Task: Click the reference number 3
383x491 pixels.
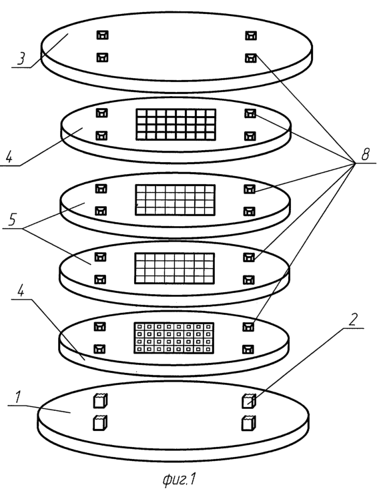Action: (21, 57)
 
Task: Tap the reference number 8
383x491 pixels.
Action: (365, 154)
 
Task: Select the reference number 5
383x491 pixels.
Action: (12, 219)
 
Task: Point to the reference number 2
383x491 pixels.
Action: (353, 320)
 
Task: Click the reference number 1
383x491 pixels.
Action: (18, 397)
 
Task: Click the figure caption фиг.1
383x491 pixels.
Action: (179, 479)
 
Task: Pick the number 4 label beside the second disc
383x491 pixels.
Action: (9, 155)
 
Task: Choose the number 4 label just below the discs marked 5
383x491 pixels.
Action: (21, 292)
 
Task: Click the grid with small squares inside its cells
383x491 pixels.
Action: (173, 338)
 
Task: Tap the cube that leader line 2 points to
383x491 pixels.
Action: (249, 401)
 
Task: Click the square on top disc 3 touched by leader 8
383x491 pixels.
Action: (250, 57)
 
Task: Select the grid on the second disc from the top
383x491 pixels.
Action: (176, 124)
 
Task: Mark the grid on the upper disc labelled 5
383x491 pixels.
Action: (175, 200)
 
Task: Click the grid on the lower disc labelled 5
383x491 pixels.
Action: (174, 268)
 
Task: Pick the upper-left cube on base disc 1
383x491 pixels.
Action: (101, 401)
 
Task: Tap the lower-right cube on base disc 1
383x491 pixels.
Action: (249, 422)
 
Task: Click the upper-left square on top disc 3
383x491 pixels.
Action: (102, 35)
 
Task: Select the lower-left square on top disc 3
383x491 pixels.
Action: (102, 57)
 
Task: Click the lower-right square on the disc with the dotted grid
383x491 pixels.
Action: (248, 349)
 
